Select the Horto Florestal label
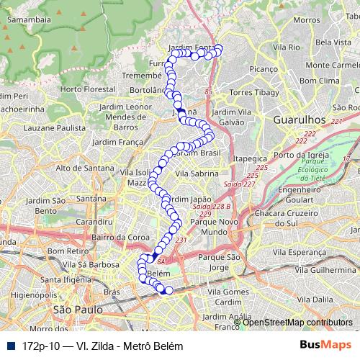pos(87,89)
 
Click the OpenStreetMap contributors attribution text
pos(298,322)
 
